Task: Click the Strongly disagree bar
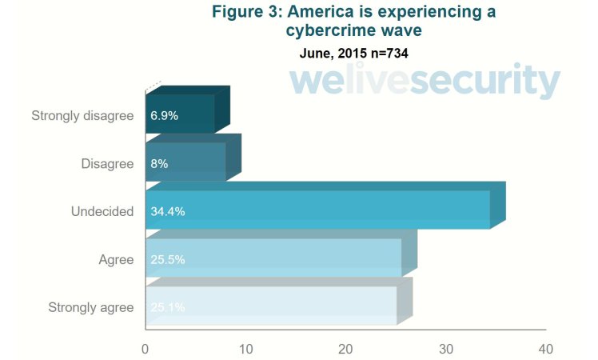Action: point(181,114)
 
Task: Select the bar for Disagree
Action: point(186,162)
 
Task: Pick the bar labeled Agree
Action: point(274,258)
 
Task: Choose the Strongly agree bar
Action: point(272,306)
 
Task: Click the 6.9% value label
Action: point(164,115)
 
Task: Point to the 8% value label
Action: point(158,163)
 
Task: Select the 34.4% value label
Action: point(168,211)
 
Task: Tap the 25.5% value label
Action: point(167,259)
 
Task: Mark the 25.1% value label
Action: point(167,307)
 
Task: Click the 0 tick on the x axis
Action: point(145,349)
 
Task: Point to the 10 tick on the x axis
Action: point(245,349)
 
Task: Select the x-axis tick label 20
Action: point(345,349)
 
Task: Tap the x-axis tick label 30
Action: point(446,349)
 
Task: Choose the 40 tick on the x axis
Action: point(546,349)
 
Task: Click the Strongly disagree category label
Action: point(82,116)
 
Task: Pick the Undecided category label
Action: point(102,211)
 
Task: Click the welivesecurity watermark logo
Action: point(424,82)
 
